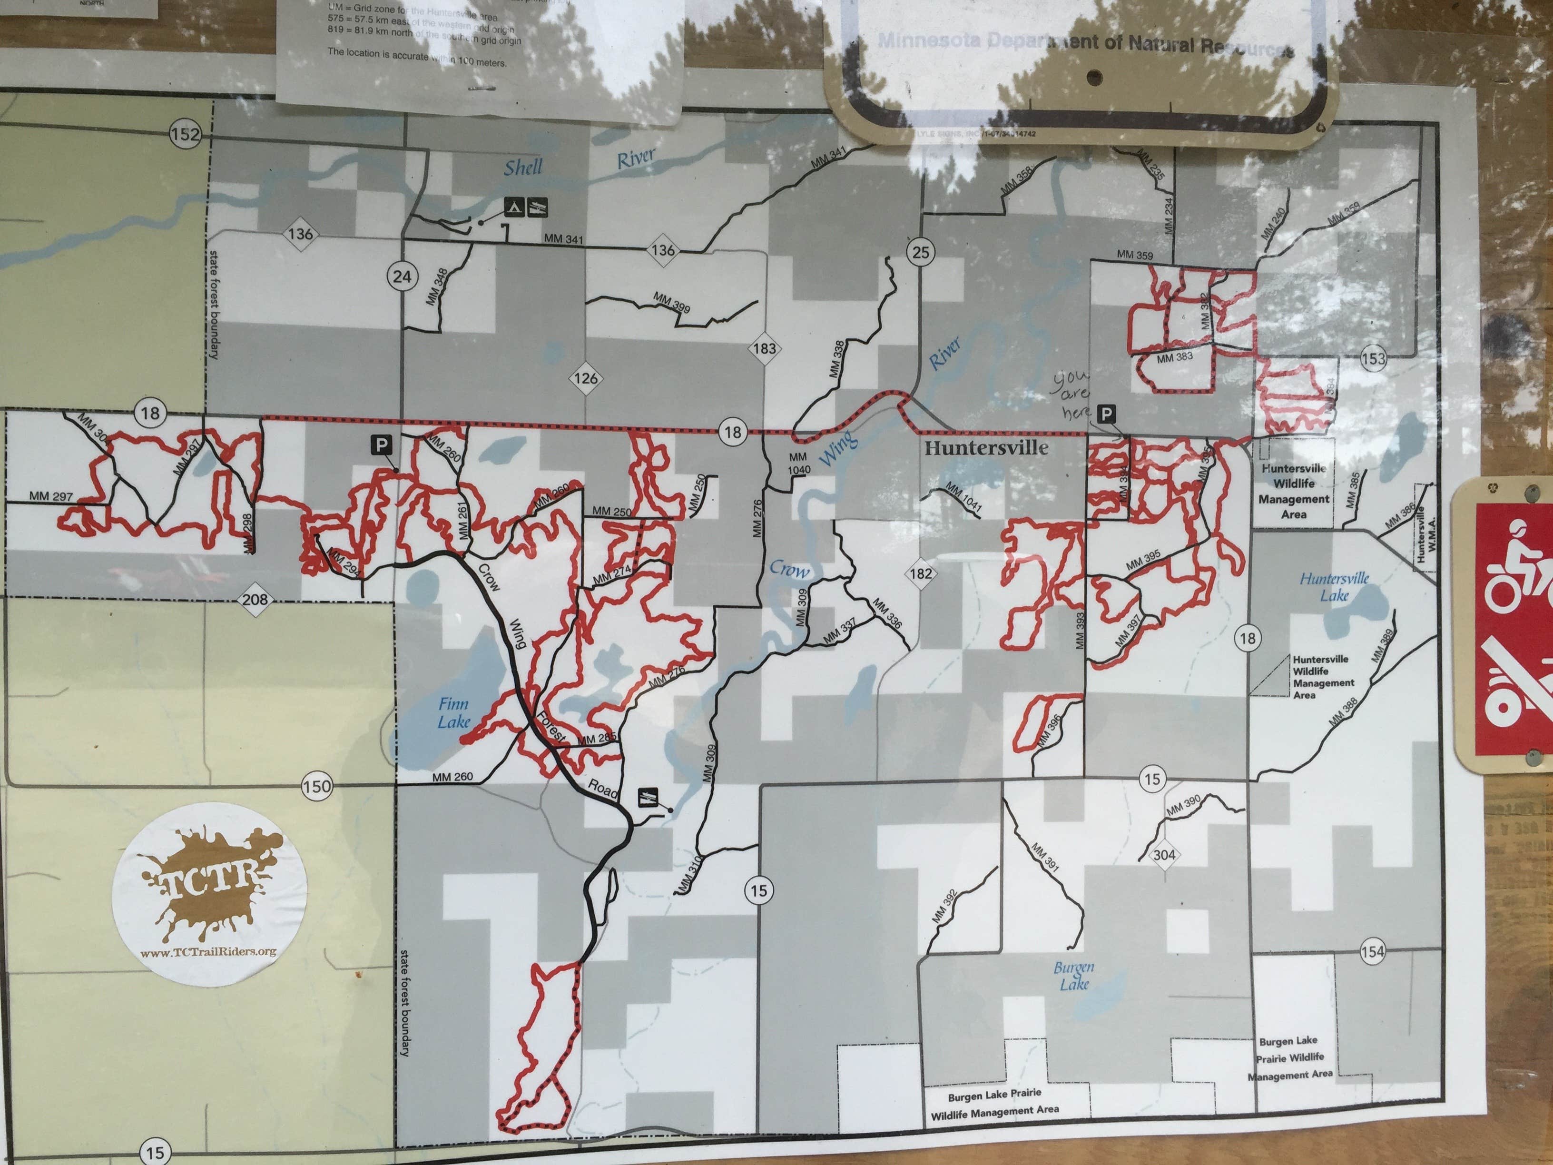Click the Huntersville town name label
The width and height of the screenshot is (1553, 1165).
click(986, 448)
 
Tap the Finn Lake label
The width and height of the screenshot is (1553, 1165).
click(453, 713)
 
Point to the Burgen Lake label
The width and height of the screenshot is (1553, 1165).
click(1073, 976)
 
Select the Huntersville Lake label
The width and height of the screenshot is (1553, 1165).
click(1334, 586)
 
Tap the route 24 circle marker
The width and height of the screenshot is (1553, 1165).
click(402, 276)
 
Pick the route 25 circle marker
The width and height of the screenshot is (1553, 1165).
click(920, 252)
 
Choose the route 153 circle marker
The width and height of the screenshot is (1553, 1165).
click(1373, 359)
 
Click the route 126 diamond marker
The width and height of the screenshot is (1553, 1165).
click(586, 378)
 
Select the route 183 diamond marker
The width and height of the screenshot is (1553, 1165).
click(765, 348)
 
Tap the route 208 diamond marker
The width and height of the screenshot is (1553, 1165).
click(255, 599)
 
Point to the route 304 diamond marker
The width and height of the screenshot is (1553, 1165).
click(1164, 855)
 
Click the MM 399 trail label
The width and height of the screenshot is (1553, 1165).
click(671, 302)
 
